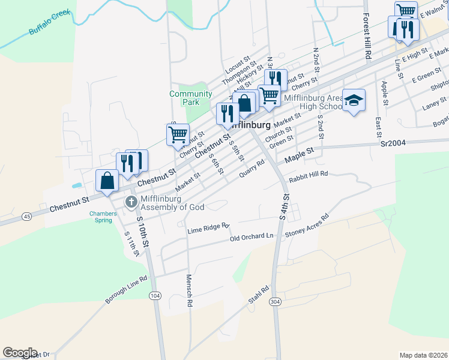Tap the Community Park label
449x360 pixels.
click(190, 98)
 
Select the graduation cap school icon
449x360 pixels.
click(354, 100)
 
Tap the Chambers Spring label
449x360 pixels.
click(101, 217)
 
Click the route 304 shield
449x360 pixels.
click(276, 301)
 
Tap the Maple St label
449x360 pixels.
click(300, 156)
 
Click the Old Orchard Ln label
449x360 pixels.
click(252, 238)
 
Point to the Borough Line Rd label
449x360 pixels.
click(127, 290)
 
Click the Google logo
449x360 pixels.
click(20, 353)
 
